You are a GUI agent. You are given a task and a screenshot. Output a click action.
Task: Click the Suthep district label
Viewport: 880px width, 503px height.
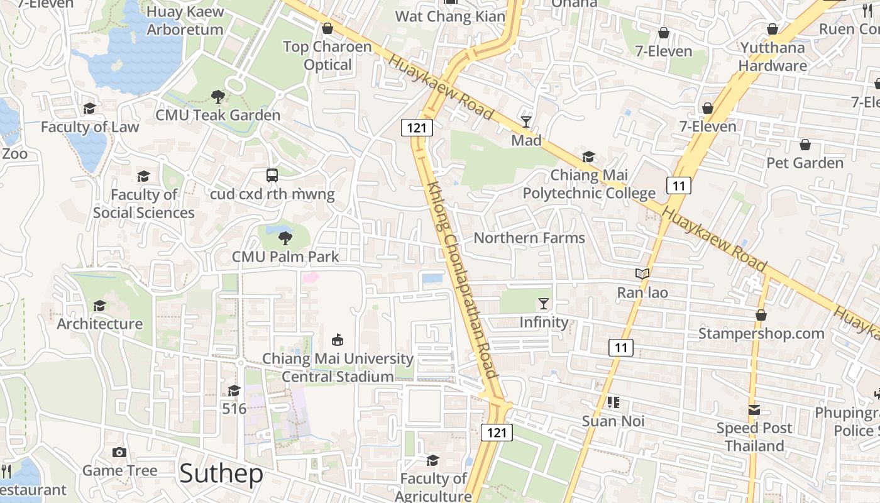[x=221, y=473]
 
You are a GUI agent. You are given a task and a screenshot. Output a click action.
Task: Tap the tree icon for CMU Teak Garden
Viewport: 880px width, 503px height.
[x=218, y=97]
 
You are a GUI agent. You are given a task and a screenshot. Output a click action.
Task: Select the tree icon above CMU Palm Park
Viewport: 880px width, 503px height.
[x=285, y=238]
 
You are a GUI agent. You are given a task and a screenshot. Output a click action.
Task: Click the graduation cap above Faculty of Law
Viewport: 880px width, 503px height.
[x=89, y=108]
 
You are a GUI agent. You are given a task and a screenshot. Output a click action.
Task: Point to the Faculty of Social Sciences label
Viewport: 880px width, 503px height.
[x=144, y=204]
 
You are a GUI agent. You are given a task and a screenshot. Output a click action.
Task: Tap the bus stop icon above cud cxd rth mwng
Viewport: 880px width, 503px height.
[x=272, y=175]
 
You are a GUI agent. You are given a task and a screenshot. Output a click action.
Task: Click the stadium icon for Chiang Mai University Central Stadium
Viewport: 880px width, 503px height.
[x=338, y=340]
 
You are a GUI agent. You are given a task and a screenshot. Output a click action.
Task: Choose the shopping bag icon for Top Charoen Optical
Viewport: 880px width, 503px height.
[x=327, y=28]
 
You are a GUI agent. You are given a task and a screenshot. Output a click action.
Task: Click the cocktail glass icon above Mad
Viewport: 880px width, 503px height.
[x=525, y=121]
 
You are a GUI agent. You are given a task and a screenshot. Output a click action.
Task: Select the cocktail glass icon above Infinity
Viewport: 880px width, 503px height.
[x=544, y=304]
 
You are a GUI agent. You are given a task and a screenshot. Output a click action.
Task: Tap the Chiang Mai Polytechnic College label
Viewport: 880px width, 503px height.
[x=589, y=184]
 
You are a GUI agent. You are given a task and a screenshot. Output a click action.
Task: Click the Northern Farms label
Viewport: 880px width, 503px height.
[x=529, y=238]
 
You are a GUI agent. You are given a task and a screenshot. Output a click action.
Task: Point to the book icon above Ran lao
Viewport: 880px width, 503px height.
[x=642, y=274]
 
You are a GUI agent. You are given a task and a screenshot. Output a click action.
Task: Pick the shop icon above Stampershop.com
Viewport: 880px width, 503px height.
[x=761, y=314]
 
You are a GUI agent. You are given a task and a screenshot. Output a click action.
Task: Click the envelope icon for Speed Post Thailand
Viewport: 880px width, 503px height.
[x=754, y=410]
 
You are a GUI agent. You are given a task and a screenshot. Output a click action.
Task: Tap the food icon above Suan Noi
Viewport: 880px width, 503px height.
[x=613, y=402]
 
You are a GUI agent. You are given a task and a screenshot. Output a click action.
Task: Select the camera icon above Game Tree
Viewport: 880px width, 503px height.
[x=119, y=452]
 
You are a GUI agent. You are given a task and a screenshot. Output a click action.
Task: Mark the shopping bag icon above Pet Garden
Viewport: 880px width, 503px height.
[x=805, y=145]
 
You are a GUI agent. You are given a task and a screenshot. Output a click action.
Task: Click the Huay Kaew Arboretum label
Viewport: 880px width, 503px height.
[x=185, y=20]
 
